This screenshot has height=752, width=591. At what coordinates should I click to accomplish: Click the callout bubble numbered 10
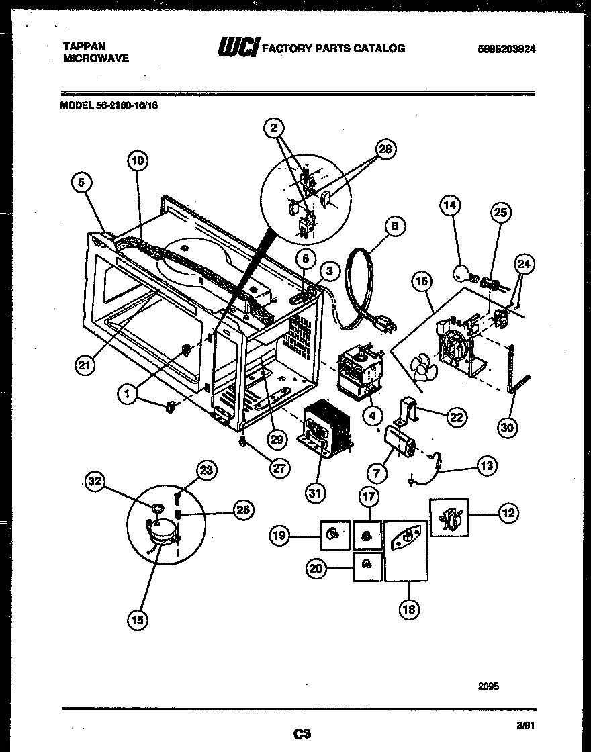[x=137, y=161]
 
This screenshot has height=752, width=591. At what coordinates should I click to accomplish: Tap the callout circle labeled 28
[x=384, y=149]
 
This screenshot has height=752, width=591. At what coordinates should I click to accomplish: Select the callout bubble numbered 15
[x=138, y=620]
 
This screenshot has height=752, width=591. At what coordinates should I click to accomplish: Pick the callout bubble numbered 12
[x=508, y=514]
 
